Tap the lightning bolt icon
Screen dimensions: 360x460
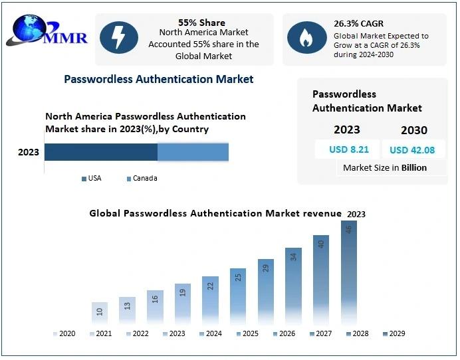point(119,38)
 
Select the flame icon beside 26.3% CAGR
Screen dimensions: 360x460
point(306,38)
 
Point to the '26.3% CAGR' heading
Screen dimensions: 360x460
point(358,24)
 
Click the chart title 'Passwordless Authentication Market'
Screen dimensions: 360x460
point(158,79)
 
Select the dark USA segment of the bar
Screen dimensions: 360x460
point(101,152)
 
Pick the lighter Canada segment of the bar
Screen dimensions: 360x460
point(193,152)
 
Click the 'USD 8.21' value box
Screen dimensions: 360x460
point(344,149)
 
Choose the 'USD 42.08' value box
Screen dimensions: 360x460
point(412,149)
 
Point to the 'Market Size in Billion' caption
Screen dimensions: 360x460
point(385,168)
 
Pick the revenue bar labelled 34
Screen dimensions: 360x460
point(293,286)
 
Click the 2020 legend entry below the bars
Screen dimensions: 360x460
point(64,333)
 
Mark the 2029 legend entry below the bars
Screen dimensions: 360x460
point(394,333)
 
